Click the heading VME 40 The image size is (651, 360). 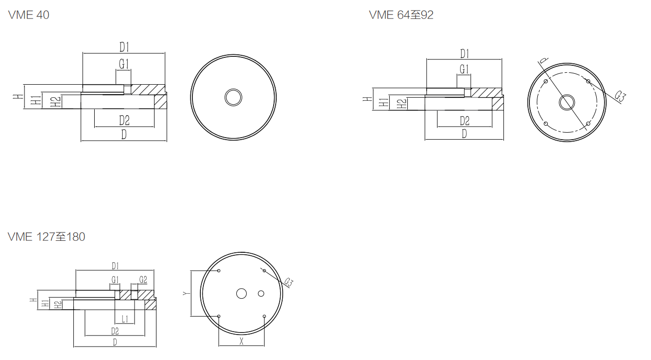29,15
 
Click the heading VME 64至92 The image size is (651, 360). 401,15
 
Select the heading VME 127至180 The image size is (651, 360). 46,237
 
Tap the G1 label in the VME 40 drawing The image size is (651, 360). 124,64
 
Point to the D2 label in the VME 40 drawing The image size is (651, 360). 125,120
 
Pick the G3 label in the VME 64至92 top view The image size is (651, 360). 620,96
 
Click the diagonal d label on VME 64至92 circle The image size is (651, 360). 543,60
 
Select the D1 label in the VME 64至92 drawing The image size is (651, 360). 465,54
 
